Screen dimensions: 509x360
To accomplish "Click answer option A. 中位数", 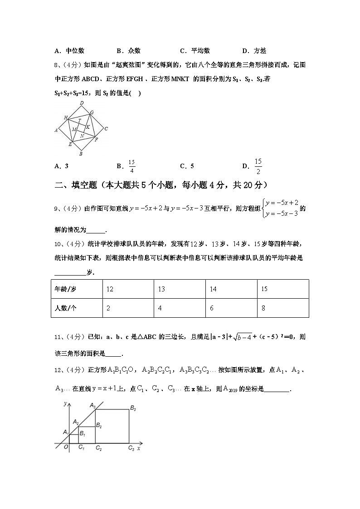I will tap(69, 51).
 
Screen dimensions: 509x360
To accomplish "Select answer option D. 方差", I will tap(254, 51).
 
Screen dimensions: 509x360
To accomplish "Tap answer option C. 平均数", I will tap(195, 51).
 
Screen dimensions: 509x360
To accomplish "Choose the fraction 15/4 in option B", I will tap(131, 166).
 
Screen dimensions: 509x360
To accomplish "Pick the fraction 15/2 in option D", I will tap(258, 166).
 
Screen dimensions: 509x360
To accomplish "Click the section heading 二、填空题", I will tap(158, 185).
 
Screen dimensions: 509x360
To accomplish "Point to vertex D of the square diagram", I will tap(82, 103).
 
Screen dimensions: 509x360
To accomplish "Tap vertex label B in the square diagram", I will tap(81, 154).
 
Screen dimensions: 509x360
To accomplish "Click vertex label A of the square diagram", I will tap(56, 130).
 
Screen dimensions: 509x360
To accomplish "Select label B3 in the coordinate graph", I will tap(133, 408).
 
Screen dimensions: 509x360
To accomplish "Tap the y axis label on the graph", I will tap(65, 403).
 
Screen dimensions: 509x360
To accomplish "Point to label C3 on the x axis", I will tap(131, 448).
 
